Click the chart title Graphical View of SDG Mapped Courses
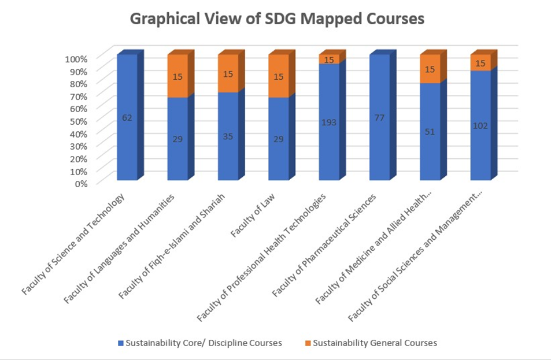[277, 18]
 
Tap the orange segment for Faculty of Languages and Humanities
[177, 76]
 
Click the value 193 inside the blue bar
[330, 123]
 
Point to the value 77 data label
[379, 118]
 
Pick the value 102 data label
[480, 127]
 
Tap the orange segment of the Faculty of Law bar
[279, 76]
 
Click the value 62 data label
[127, 118]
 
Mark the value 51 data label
[430, 131]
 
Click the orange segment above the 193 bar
[329, 60]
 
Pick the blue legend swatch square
[121, 343]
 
